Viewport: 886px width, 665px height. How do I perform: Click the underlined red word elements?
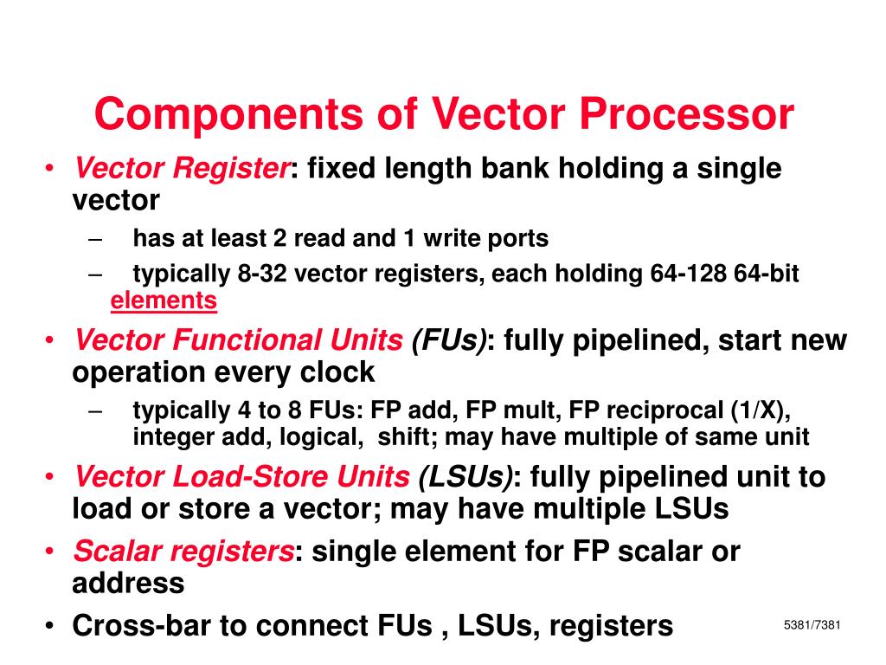click(x=164, y=300)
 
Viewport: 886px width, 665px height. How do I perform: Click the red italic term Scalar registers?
click(x=183, y=551)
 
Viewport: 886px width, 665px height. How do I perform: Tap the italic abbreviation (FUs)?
click(x=449, y=340)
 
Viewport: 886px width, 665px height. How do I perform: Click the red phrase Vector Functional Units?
click(x=238, y=340)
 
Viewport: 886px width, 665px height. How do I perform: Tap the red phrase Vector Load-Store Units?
click(x=242, y=476)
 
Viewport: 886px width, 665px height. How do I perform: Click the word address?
click(x=127, y=583)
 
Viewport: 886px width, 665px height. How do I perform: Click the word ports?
click(x=517, y=238)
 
